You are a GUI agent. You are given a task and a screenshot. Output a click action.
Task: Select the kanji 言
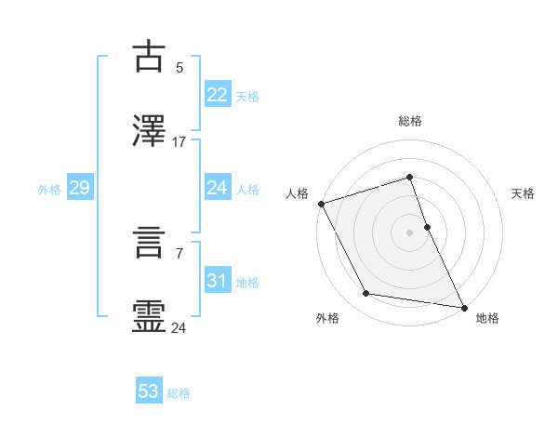[x=149, y=242]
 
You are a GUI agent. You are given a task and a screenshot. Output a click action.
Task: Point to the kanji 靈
[x=149, y=315]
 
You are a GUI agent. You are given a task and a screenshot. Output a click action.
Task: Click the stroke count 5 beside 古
[x=179, y=67]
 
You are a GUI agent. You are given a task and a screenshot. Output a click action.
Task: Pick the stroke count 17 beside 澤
[x=179, y=141]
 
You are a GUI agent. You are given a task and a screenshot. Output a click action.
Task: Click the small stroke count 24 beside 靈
[x=179, y=327]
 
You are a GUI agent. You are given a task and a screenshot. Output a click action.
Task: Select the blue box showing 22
[x=218, y=95]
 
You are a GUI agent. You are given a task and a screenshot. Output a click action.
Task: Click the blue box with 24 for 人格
[x=218, y=188]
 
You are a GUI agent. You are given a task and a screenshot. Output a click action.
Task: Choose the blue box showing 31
[x=218, y=281]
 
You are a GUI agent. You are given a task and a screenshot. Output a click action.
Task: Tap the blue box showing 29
[x=79, y=188]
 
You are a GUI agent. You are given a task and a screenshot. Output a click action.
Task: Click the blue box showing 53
[x=149, y=391]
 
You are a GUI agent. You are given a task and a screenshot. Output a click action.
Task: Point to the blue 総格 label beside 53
[x=179, y=393]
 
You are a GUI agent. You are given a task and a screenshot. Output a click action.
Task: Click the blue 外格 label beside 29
[x=49, y=190]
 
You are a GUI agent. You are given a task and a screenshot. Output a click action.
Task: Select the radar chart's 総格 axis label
[x=409, y=121]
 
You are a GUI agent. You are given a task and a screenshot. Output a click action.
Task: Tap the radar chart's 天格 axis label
[x=524, y=193]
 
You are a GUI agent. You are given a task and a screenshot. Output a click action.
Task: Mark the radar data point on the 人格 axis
[x=321, y=204]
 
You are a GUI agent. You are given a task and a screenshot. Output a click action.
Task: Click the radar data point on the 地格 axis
[x=463, y=307]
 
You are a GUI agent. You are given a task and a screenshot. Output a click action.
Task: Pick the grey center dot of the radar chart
[x=409, y=232]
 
